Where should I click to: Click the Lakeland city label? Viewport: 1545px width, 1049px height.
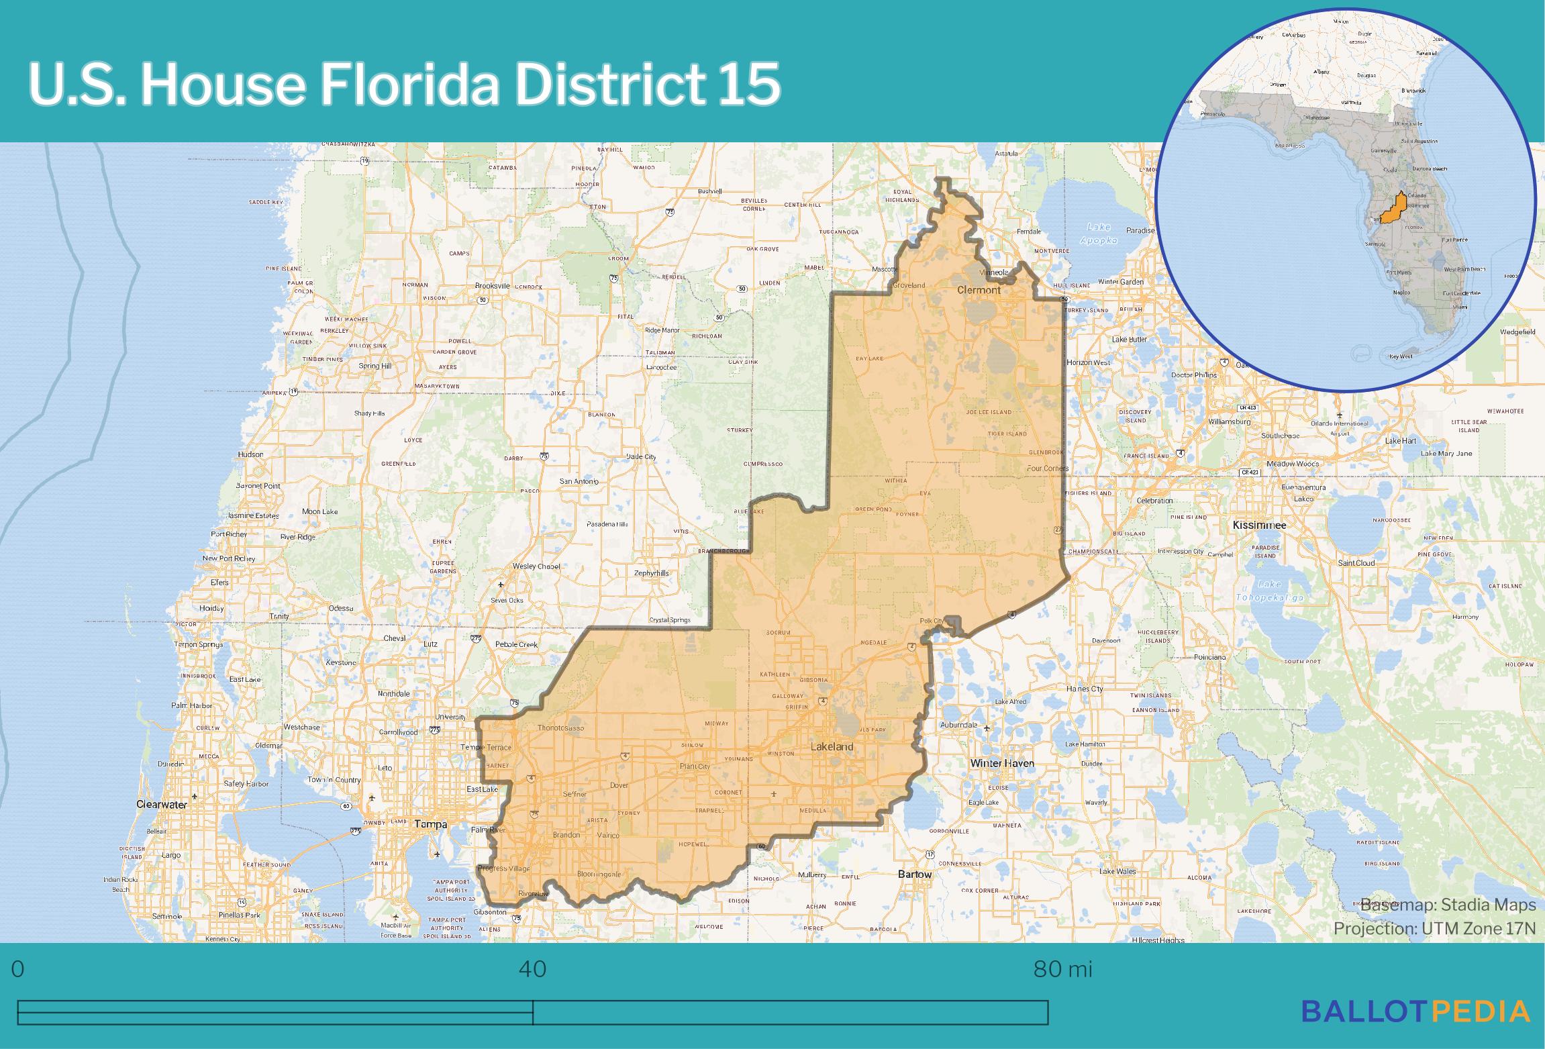click(x=832, y=746)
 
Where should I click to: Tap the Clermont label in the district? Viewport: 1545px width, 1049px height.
click(x=978, y=290)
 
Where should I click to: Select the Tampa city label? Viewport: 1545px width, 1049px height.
click(x=430, y=823)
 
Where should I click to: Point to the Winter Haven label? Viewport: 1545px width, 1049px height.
click(x=1003, y=763)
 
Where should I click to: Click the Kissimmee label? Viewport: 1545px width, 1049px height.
click(x=1259, y=525)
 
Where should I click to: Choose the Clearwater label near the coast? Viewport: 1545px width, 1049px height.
click(x=161, y=804)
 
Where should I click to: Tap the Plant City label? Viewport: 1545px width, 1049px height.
click(x=695, y=766)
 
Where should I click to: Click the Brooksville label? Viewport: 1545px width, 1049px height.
click(x=492, y=285)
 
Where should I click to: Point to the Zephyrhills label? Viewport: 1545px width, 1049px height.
click(x=651, y=573)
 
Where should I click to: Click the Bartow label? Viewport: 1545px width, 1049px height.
click(x=915, y=874)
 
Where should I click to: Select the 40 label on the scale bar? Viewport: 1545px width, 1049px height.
click(x=533, y=969)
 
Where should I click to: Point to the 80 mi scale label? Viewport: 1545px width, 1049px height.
click(x=1062, y=969)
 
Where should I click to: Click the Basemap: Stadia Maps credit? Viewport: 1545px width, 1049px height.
click(x=1448, y=905)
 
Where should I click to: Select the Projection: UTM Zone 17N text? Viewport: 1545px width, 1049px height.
click(x=1434, y=928)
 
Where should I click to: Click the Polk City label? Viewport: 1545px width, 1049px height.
click(x=932, y=621)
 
